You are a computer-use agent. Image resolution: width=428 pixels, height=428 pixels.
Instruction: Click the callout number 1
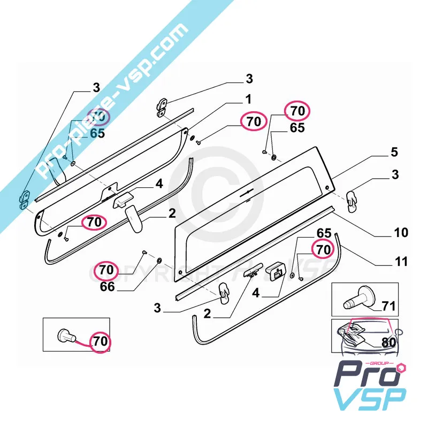[248, 100]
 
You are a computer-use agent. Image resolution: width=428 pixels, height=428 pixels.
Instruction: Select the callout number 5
[394, 152]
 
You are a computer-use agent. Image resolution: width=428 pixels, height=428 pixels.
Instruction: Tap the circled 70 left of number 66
[106, 270]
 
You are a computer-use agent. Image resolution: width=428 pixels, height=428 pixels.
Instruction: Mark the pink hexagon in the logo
[401, 368]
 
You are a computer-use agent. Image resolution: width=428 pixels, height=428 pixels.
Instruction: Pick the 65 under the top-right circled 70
[297, 128]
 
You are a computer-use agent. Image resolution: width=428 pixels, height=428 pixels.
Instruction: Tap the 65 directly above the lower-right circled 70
[324, 234]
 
